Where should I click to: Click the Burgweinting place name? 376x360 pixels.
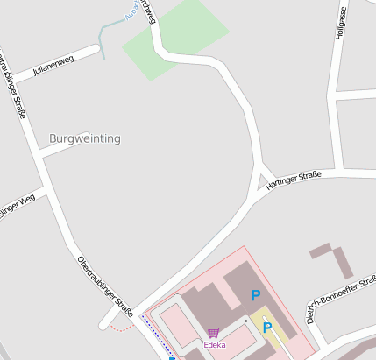[x=85, y=138]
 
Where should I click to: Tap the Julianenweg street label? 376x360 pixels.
[x=53, y=64]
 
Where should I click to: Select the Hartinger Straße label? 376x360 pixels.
[x=293, y=179]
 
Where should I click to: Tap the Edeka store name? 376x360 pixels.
[x=215, y=345]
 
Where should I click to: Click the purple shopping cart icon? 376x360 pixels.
[x=214, y=334]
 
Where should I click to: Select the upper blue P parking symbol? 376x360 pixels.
[x=256, y=296]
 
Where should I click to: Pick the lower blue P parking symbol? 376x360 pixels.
[x=268, y=328]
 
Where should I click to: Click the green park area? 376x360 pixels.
[x=176, y=38]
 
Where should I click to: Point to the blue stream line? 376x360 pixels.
[x=103, y=39]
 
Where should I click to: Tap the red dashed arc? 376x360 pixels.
[x=124, y=327]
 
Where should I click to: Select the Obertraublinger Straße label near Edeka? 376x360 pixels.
[x=105, y=286]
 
